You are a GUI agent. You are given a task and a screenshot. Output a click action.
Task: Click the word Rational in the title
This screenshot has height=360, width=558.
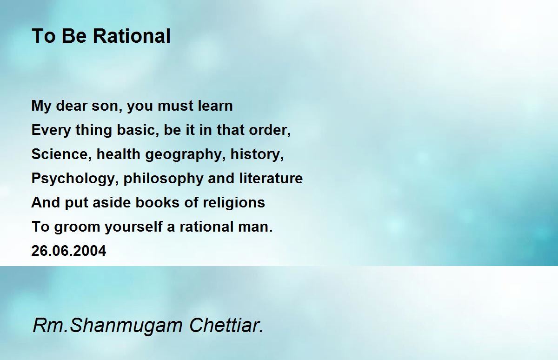[132, 36]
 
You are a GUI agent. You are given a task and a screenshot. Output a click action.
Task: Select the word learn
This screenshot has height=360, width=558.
[215, 106]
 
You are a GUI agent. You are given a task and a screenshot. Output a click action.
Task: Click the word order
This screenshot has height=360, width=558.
[270, 130]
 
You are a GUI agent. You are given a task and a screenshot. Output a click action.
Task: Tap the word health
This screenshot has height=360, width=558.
[118, 154]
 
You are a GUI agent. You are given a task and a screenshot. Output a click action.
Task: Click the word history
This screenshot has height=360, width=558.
[257, 154]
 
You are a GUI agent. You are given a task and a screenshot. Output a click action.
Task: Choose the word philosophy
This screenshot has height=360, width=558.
[163, 179]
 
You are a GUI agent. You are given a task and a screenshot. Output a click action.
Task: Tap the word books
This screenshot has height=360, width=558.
[158, 202]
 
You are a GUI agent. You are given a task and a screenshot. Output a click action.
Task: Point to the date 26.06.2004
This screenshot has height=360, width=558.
[69, 251]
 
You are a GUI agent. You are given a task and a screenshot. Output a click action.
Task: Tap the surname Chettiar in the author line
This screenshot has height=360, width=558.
[226, 325]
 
